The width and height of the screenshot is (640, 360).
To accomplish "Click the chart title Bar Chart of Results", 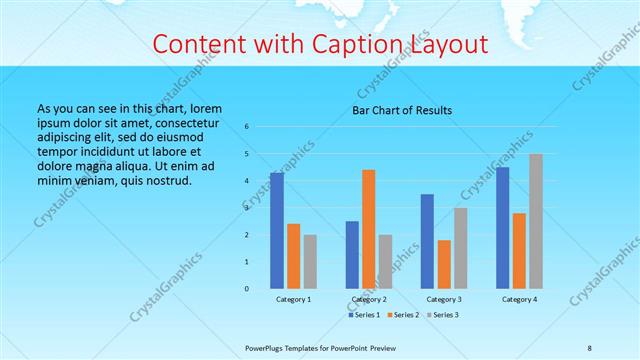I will point(402,110).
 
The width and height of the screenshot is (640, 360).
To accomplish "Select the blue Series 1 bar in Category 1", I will point(277,230).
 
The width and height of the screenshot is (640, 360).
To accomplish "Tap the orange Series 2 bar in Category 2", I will point(368,229).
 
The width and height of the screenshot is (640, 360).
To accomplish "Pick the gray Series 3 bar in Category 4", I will point(536,221).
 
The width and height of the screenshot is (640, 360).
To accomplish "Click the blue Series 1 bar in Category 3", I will point(427,241).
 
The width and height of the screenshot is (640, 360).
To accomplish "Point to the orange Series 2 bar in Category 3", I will point(444,264).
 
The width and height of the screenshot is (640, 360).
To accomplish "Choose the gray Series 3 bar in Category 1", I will point(310,261).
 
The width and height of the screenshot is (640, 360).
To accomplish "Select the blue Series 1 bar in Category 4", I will point(502,227).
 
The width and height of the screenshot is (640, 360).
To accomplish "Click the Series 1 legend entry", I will point(364,315).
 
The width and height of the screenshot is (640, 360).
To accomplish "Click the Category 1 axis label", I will point(294,299).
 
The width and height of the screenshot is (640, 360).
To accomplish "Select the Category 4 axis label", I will point(519,299).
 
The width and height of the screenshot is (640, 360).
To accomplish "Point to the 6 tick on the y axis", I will point(246,127).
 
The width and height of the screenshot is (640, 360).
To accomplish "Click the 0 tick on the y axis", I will point(246,288).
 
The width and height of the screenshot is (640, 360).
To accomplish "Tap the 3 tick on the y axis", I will point(246,208).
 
